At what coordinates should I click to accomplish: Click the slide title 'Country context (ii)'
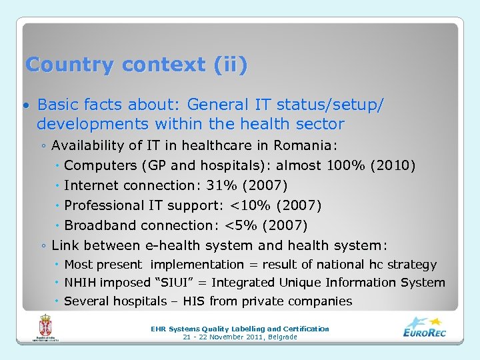(x=136, y=65)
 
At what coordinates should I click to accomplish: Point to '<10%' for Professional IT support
(x=249, y=205)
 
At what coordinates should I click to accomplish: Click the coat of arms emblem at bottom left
(x=45, y=329)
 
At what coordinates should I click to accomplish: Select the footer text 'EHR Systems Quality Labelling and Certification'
(x=240, y=329)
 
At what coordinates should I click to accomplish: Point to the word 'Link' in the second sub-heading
(x=63, y=245)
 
